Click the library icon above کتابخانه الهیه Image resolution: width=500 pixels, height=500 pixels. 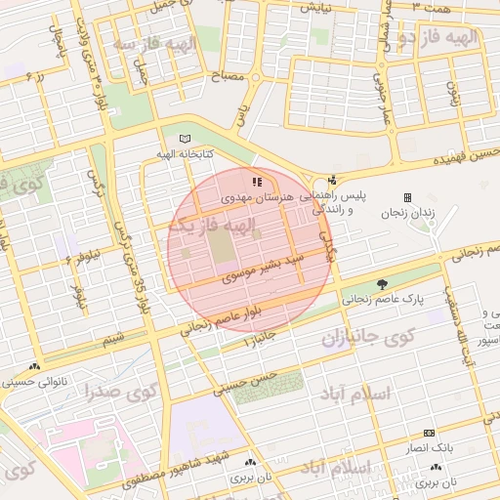(x=187, y=140)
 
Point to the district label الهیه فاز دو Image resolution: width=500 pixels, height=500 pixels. (x=441, y=37)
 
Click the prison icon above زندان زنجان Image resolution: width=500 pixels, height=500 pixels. (x=407, y=197)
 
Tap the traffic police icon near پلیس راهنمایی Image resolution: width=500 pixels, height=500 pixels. (x=333, y=180)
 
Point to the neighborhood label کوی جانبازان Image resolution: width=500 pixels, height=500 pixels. (x=368, y=336)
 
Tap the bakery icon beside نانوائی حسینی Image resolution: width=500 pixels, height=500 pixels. (x=36, y=367)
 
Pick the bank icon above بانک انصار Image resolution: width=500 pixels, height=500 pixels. (x=428, y=433)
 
